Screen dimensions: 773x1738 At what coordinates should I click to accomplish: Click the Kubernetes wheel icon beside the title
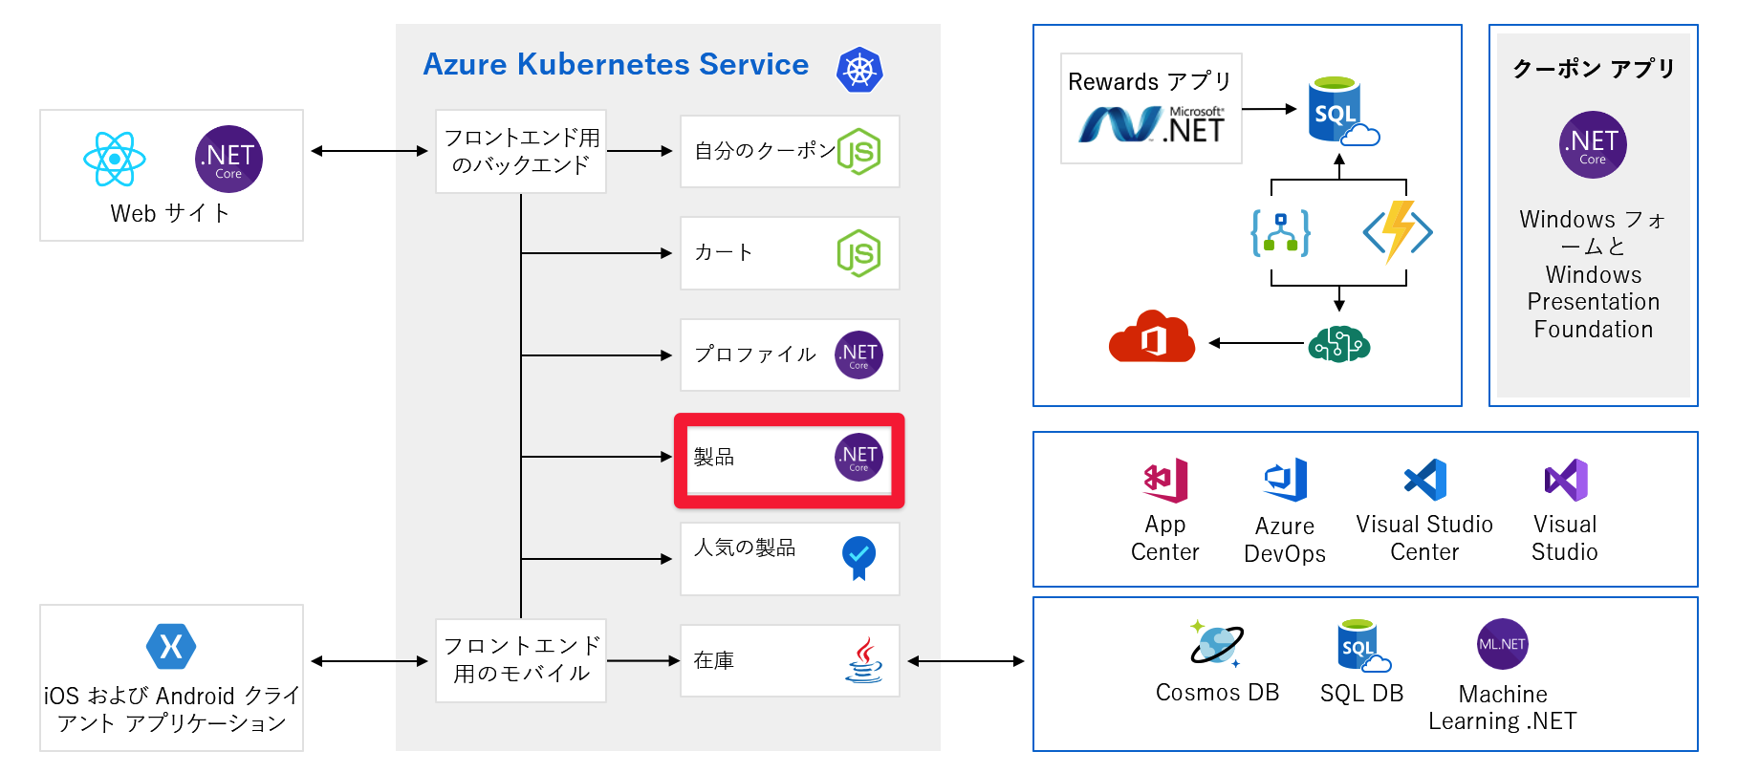point(859,70)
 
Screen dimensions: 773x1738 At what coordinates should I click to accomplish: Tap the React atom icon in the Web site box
point(115,159)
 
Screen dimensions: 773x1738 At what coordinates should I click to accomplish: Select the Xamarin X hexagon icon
point(171,647)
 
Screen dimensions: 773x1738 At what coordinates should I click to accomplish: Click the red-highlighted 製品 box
point(789,460)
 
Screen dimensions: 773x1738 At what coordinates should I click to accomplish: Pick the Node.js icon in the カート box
point(858,253)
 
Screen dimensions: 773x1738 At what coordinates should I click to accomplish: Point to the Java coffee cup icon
point(863,660)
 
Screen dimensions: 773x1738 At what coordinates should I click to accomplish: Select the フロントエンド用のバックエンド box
point(521,152)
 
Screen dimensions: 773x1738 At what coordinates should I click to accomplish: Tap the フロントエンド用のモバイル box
point(521,660)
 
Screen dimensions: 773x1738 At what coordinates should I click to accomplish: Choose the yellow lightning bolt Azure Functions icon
point(1398,231)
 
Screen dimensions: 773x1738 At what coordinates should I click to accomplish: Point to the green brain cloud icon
point(1338,343)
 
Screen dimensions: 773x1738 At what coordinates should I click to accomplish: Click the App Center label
point(1164,539)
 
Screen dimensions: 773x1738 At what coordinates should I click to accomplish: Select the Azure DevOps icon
point(1285,480)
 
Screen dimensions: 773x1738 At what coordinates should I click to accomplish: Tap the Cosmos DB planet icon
point(1216,644)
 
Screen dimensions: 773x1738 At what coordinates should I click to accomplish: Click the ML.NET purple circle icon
point(1502,644)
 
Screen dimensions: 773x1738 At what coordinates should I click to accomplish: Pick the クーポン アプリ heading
point(1593,69)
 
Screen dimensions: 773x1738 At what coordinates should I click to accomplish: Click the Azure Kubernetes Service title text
point(616,64)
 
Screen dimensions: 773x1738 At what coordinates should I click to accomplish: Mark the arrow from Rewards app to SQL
point(1270,109)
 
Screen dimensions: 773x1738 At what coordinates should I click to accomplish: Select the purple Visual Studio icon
point(1565,480)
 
